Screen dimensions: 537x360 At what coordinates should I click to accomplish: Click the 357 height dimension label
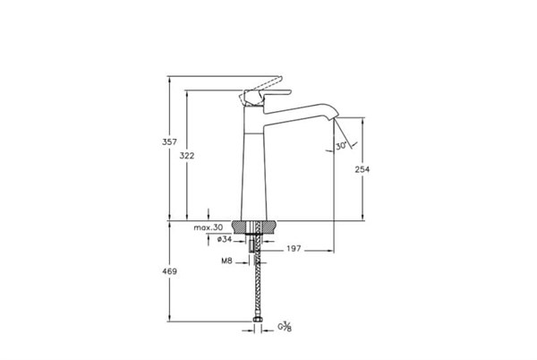[x=169, y=141]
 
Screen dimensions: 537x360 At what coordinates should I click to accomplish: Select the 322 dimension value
[x=187, y=156]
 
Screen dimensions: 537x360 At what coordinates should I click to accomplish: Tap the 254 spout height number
[x=362, y=169]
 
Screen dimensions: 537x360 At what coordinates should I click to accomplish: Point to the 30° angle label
[x=341, y=146]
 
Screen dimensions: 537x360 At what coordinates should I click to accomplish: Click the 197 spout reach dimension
[x=294, y=249]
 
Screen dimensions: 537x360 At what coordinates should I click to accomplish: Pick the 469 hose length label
[x=169, y=271]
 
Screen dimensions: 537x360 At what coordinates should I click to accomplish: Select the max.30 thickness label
[x=209, y=227]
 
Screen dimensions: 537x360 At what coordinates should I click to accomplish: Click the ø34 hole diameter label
[x=225, y=239]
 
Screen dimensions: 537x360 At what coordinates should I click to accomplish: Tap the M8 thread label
[x=226, y=261]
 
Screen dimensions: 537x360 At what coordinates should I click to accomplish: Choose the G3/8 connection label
[x=285, y=327]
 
